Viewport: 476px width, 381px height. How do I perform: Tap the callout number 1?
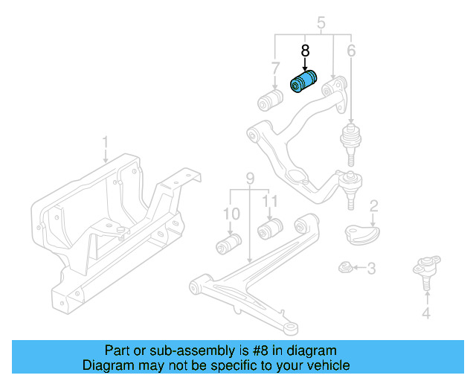tap(105, 141)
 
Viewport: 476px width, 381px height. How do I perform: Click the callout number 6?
tap(351, 51)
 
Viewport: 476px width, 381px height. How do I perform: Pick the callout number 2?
tap(374, 205)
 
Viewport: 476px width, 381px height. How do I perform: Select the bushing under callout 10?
tap(229, 243)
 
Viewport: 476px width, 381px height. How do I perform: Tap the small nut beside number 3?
tap(344, 266)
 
